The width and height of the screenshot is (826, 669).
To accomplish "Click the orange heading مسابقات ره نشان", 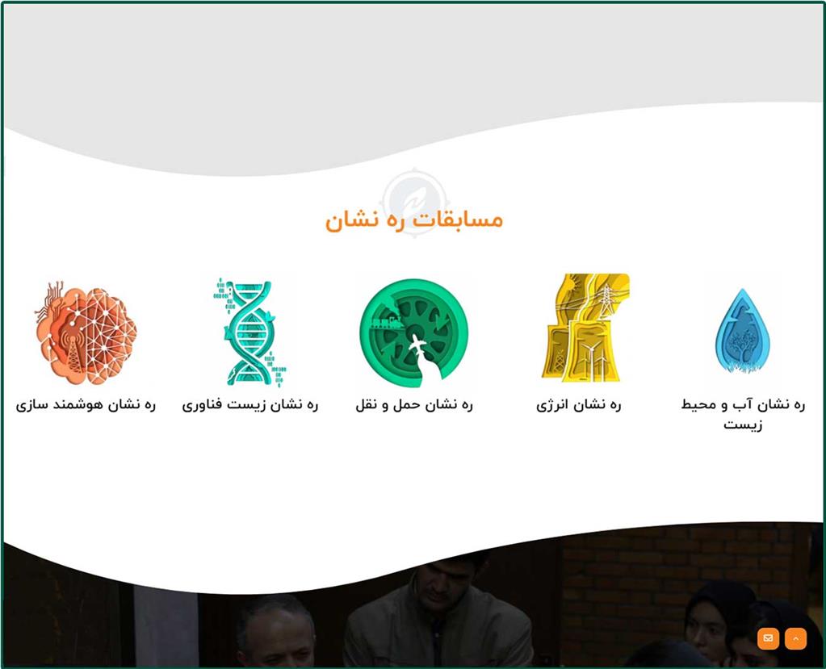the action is coord(414,220).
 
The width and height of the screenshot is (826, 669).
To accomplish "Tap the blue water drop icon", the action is coord(743,331).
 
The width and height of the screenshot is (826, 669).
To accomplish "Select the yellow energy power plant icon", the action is coord(585,327).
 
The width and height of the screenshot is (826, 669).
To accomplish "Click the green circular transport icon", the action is coord(413,330).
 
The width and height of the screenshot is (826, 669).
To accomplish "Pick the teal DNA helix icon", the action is coord(249,332).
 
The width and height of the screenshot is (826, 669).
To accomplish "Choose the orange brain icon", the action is coord(86,332).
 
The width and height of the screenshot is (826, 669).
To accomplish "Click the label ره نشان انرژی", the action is coord(579,405).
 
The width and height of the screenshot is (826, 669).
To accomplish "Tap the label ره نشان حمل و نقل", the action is coord(414,405).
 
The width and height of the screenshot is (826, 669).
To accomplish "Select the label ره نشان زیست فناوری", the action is coord(250,405).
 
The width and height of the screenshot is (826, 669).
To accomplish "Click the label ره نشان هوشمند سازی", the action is coord(86,405).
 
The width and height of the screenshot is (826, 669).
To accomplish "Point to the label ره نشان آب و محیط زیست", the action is coord(743,414).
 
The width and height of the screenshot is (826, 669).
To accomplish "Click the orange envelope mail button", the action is coord(768,638).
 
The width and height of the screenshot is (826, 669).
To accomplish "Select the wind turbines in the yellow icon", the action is coord(591,358).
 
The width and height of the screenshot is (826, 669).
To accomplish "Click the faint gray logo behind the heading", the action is coord(414,202).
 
